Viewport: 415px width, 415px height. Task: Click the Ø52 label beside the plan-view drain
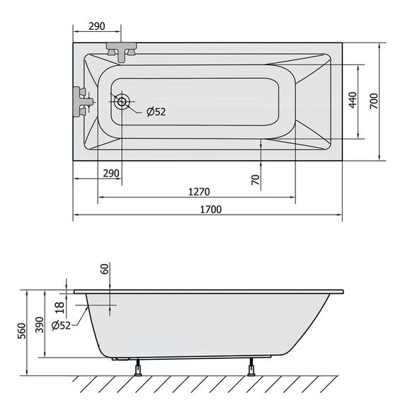coord(156,110)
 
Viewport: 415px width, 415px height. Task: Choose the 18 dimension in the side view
coord(60,306)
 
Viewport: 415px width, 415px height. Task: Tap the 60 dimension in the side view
coord(104,269)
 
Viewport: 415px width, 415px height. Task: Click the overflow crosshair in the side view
coord(111,306)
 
